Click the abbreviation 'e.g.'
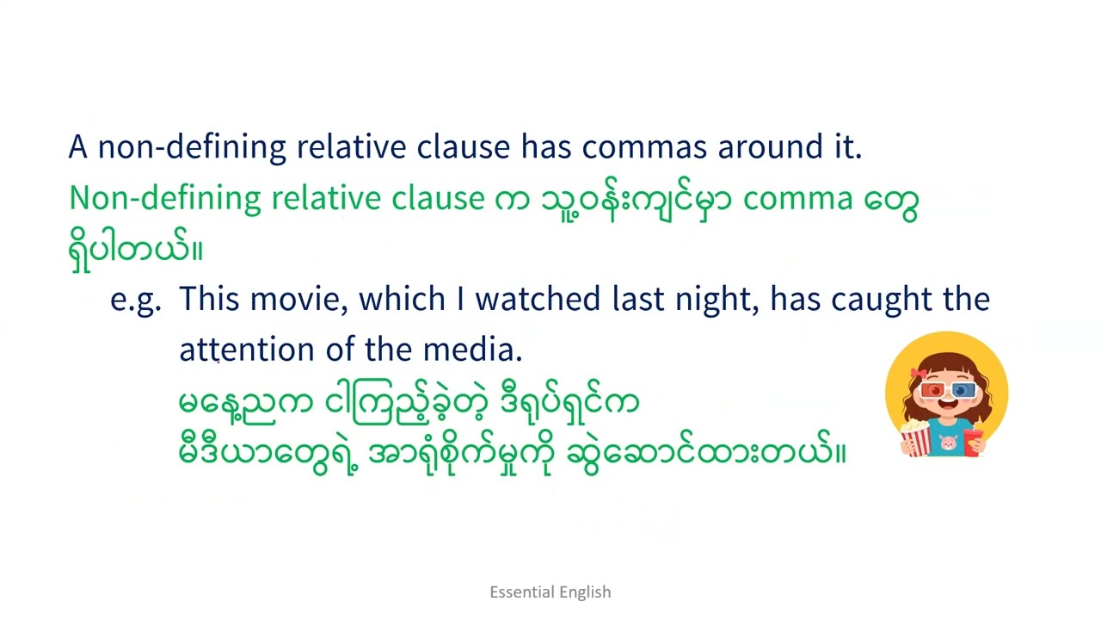pyautogui.click(x=135, y=301)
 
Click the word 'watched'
pyautogui.click(x=538, y=300)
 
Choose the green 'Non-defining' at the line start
pyautogui.click(x=164, y=199)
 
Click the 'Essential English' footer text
pyautogui.click(x=550, y=592)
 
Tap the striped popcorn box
pyautogui.click(x=915, y=438)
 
